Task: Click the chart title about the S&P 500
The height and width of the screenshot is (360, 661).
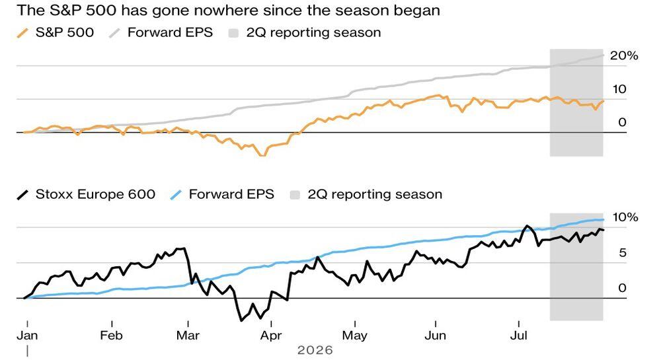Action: [228, 10]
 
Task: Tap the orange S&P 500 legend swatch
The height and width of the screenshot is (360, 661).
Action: [22, 33]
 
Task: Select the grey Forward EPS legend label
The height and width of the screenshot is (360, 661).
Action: [170, 32]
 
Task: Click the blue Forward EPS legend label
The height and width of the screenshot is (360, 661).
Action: [231, 194]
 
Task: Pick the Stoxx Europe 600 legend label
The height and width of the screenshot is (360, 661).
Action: [95, 194]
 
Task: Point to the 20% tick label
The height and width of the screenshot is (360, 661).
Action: [624, 55]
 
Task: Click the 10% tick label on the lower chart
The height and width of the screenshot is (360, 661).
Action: [625, 217]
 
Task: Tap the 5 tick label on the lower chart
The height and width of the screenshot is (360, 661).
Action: [623, 253]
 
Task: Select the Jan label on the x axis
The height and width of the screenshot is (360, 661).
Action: [27, 336]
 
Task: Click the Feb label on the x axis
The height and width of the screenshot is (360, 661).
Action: [111, 336]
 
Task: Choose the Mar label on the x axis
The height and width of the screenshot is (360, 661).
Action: [188, 336]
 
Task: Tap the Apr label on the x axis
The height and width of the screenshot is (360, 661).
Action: [270, 336]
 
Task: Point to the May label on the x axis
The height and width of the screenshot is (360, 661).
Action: [354, 336]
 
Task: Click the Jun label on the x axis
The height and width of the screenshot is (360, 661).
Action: [435, 336]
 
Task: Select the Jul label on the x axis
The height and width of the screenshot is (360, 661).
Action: [518, 336]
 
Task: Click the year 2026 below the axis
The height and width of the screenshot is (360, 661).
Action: [315, 350]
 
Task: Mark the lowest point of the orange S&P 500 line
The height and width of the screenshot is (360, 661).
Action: [262, 156]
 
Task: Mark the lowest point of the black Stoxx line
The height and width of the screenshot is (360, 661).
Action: [241, 321]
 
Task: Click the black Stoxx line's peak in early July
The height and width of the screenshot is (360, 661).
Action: [527, 226]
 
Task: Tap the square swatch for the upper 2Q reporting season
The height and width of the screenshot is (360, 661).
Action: [233, 33]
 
